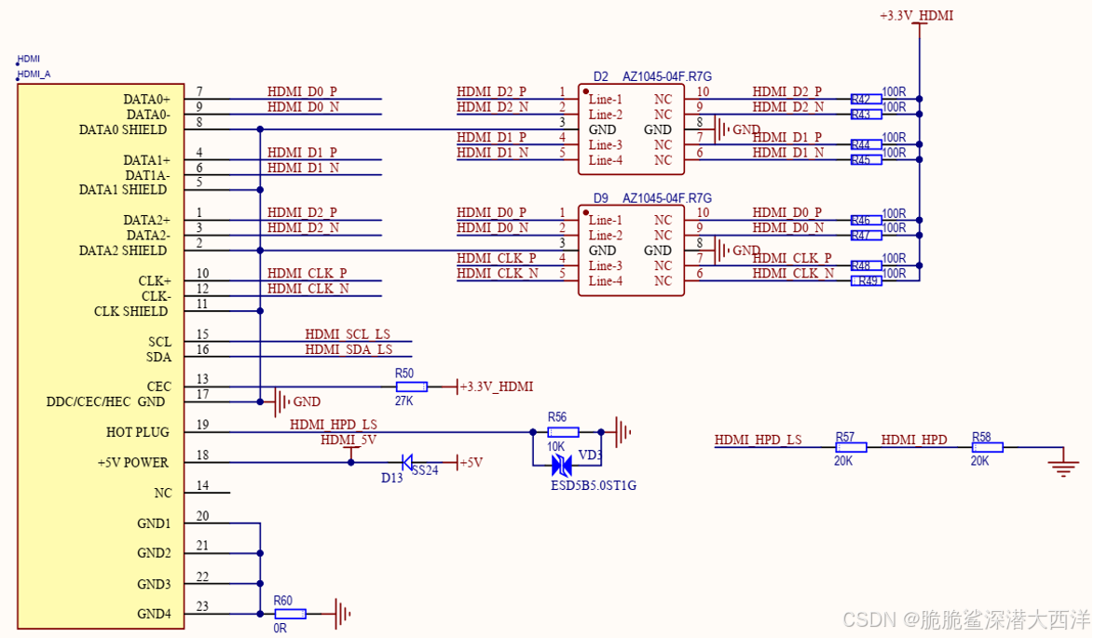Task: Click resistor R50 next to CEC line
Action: [411, 387]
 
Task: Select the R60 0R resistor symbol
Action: [290, 614]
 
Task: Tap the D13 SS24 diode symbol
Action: [407, 462]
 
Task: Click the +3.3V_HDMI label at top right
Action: [916, 16]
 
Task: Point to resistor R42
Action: [866, 98]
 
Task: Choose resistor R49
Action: [866, 280]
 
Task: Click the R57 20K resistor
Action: [851, 447]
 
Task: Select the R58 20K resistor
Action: [987, 447]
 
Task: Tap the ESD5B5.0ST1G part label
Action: [594, 485]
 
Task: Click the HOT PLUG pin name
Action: [138, 432]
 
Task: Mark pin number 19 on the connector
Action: [202, 425]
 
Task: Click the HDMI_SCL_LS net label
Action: [348, 333]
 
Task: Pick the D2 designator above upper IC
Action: [601, 76]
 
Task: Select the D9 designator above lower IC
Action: [601, 197]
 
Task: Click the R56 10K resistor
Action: [563, 431]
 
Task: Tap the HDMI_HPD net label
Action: [913, 440]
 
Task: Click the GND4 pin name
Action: [154, 614]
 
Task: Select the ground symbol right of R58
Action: [1063, 465]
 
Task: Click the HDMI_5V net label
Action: [349, 440]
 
